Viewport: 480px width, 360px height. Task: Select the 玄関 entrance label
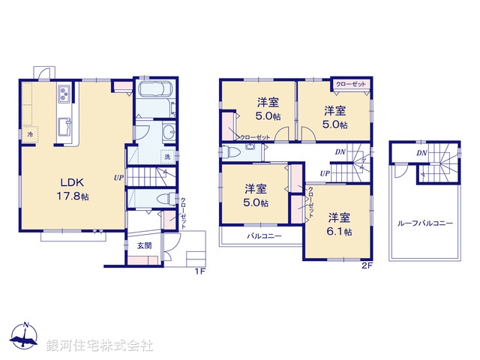(x=143, y=244)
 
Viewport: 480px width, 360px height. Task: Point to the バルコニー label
(x=264, y=236)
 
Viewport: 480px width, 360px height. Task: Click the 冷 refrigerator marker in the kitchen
(x=30, y=134)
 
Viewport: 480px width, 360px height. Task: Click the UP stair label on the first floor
(x=118, y=178)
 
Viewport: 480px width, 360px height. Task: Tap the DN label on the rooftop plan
(x=422, y=153)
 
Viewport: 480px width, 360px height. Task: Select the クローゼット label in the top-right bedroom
(x=351, y=84)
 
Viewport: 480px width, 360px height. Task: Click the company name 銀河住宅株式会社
(x=99, y=346)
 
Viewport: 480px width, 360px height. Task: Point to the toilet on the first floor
(x=167, y=199)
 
